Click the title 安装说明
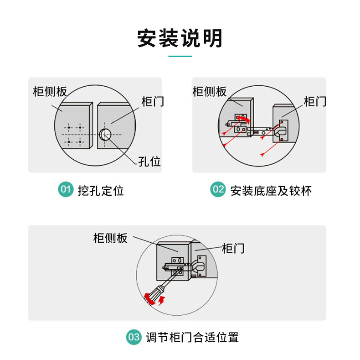[180, 38]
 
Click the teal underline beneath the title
[180, 57]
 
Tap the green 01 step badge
[66, 189]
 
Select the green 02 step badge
[218, 189]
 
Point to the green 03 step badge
[134, 337]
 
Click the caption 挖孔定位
[101, 190]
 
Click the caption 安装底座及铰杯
[271, 190]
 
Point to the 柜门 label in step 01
[153, 101]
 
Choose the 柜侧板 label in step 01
[50, 91]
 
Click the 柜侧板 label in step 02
[210, 91]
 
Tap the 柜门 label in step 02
[315, 101]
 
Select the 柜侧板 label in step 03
[110, 238]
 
